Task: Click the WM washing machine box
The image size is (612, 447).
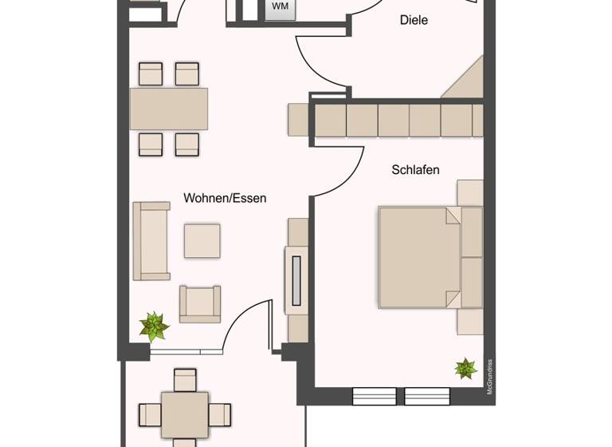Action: (280, 7)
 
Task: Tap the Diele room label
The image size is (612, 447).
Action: (414, 20)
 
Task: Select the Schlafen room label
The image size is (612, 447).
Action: (415, 170)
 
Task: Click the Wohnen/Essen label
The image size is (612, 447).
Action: (225, 198)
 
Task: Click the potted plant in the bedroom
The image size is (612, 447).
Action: (465, 368)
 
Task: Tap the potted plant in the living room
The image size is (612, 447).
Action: (153, 326)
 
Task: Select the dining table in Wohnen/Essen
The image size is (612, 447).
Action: (169, 109)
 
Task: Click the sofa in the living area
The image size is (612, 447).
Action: (151, 240)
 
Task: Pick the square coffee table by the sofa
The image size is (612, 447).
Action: (202, 240)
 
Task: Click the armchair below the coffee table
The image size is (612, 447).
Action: (199, 304)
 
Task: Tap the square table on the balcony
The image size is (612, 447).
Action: (185, 413)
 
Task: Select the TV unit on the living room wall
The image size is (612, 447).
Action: (296, 279)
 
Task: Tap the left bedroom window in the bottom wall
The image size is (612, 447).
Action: (373, 396)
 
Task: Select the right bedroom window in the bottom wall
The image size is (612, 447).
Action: (427, 396)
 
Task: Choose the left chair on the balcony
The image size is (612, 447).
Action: (150, 414)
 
